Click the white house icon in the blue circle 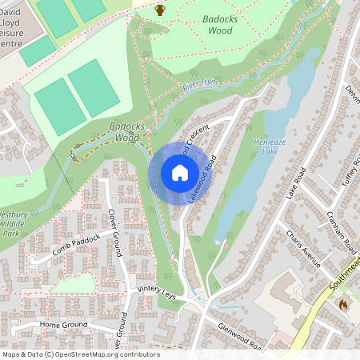(x=180, y=173)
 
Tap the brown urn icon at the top (x=160, y=10)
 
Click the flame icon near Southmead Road (x=344, y=304)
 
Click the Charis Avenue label (x=304, y=249)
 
